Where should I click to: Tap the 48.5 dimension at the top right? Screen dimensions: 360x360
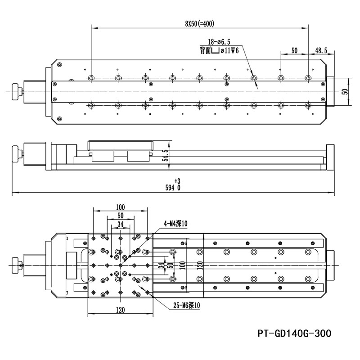321,51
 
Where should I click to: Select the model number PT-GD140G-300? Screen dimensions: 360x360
295,333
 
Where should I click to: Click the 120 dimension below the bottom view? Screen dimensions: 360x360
120,310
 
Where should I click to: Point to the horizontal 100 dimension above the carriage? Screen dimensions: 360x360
120,207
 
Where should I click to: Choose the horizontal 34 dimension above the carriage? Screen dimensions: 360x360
120,224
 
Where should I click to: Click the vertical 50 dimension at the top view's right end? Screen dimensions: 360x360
345,91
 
